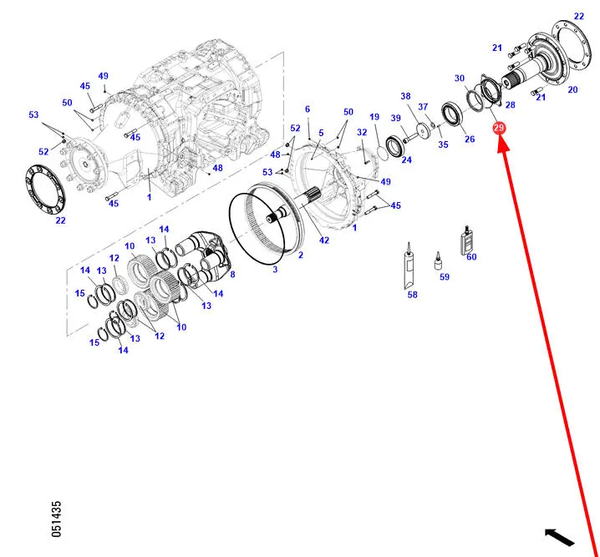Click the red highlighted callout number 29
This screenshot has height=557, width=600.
[x=499, y=128]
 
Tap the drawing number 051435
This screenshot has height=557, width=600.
[x=56, y=519]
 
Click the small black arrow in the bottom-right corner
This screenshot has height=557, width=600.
[x=559, y=537]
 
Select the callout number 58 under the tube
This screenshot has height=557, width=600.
[x=412, y=294]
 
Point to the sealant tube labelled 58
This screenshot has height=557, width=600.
[x=409, y=266]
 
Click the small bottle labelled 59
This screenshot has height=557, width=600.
[x=438, y=261]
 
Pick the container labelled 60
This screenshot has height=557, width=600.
[x=466, y=241]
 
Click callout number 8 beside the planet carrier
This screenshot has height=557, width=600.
[x=232, y=274]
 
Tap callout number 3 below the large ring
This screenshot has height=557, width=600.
[x=275, y=269]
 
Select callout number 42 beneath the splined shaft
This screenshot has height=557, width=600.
[x=323, y=240]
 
